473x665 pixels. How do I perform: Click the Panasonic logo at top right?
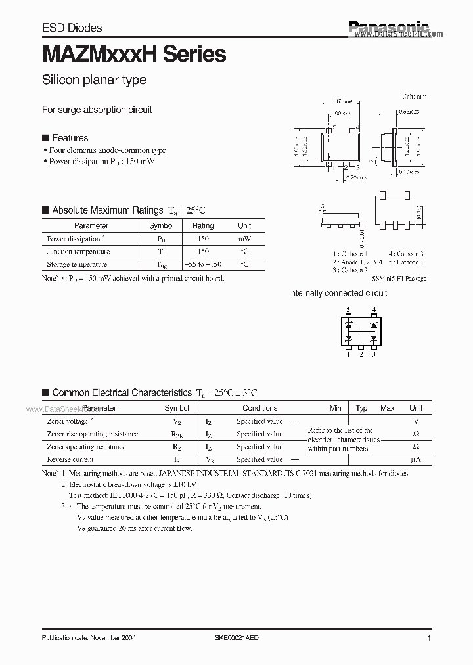coord(388,27)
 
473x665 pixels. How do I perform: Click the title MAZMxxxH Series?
coord(134,55)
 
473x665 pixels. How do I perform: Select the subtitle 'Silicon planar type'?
coord(94,80)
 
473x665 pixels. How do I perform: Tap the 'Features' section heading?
coord(70,138)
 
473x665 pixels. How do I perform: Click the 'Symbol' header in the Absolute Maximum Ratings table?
coord(162,225)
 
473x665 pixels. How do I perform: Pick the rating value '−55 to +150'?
coord(203,264)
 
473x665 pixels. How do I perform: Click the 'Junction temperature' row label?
coord(78,252)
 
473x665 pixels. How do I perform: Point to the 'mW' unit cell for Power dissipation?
coord(244,239)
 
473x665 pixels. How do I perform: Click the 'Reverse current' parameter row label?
coord(70,460)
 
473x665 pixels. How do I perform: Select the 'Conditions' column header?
coord(259,408)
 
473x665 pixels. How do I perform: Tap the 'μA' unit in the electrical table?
coord(415,460)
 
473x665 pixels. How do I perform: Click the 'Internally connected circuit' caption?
coord(338,293)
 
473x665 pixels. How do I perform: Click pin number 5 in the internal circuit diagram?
coord(349,310)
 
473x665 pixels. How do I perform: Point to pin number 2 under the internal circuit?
coord(361,355)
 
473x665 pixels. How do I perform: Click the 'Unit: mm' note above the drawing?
coord(414,97)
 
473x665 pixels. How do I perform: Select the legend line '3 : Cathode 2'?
coord(349,270)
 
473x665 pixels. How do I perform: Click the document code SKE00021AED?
coord(241,638)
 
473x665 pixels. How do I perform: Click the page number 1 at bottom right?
coord(428,638)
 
